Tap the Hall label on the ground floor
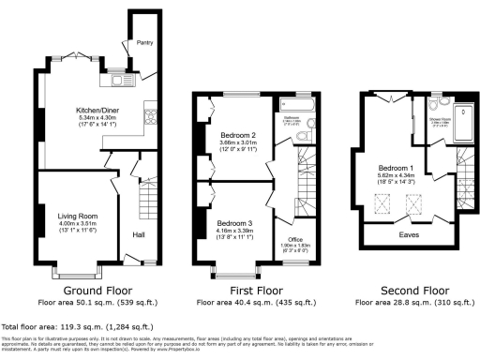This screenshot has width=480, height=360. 139,234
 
